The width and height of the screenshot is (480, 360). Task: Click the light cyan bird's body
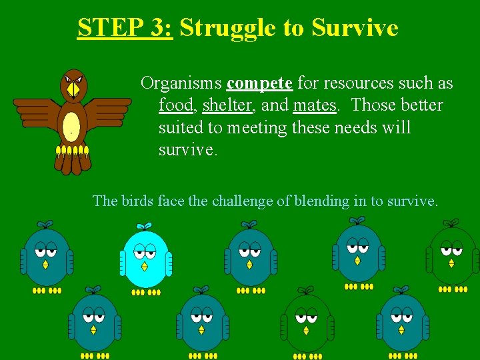pyautogui.click(x=145, y=263)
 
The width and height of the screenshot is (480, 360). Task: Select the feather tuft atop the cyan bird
pyautogui.click(x=143, y=226)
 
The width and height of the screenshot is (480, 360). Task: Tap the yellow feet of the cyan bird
pyautogui.click(x=145, y=292)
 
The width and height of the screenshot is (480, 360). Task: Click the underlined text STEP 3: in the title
pyautogui.click(x=125, y=28)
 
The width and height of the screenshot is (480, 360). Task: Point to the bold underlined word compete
pyautogui.click(x=259, y=83)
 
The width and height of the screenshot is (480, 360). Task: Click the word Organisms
pyautogui.click(x=181, y=84)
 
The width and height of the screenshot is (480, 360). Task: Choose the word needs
pyautogui.click(x=353, y=127)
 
